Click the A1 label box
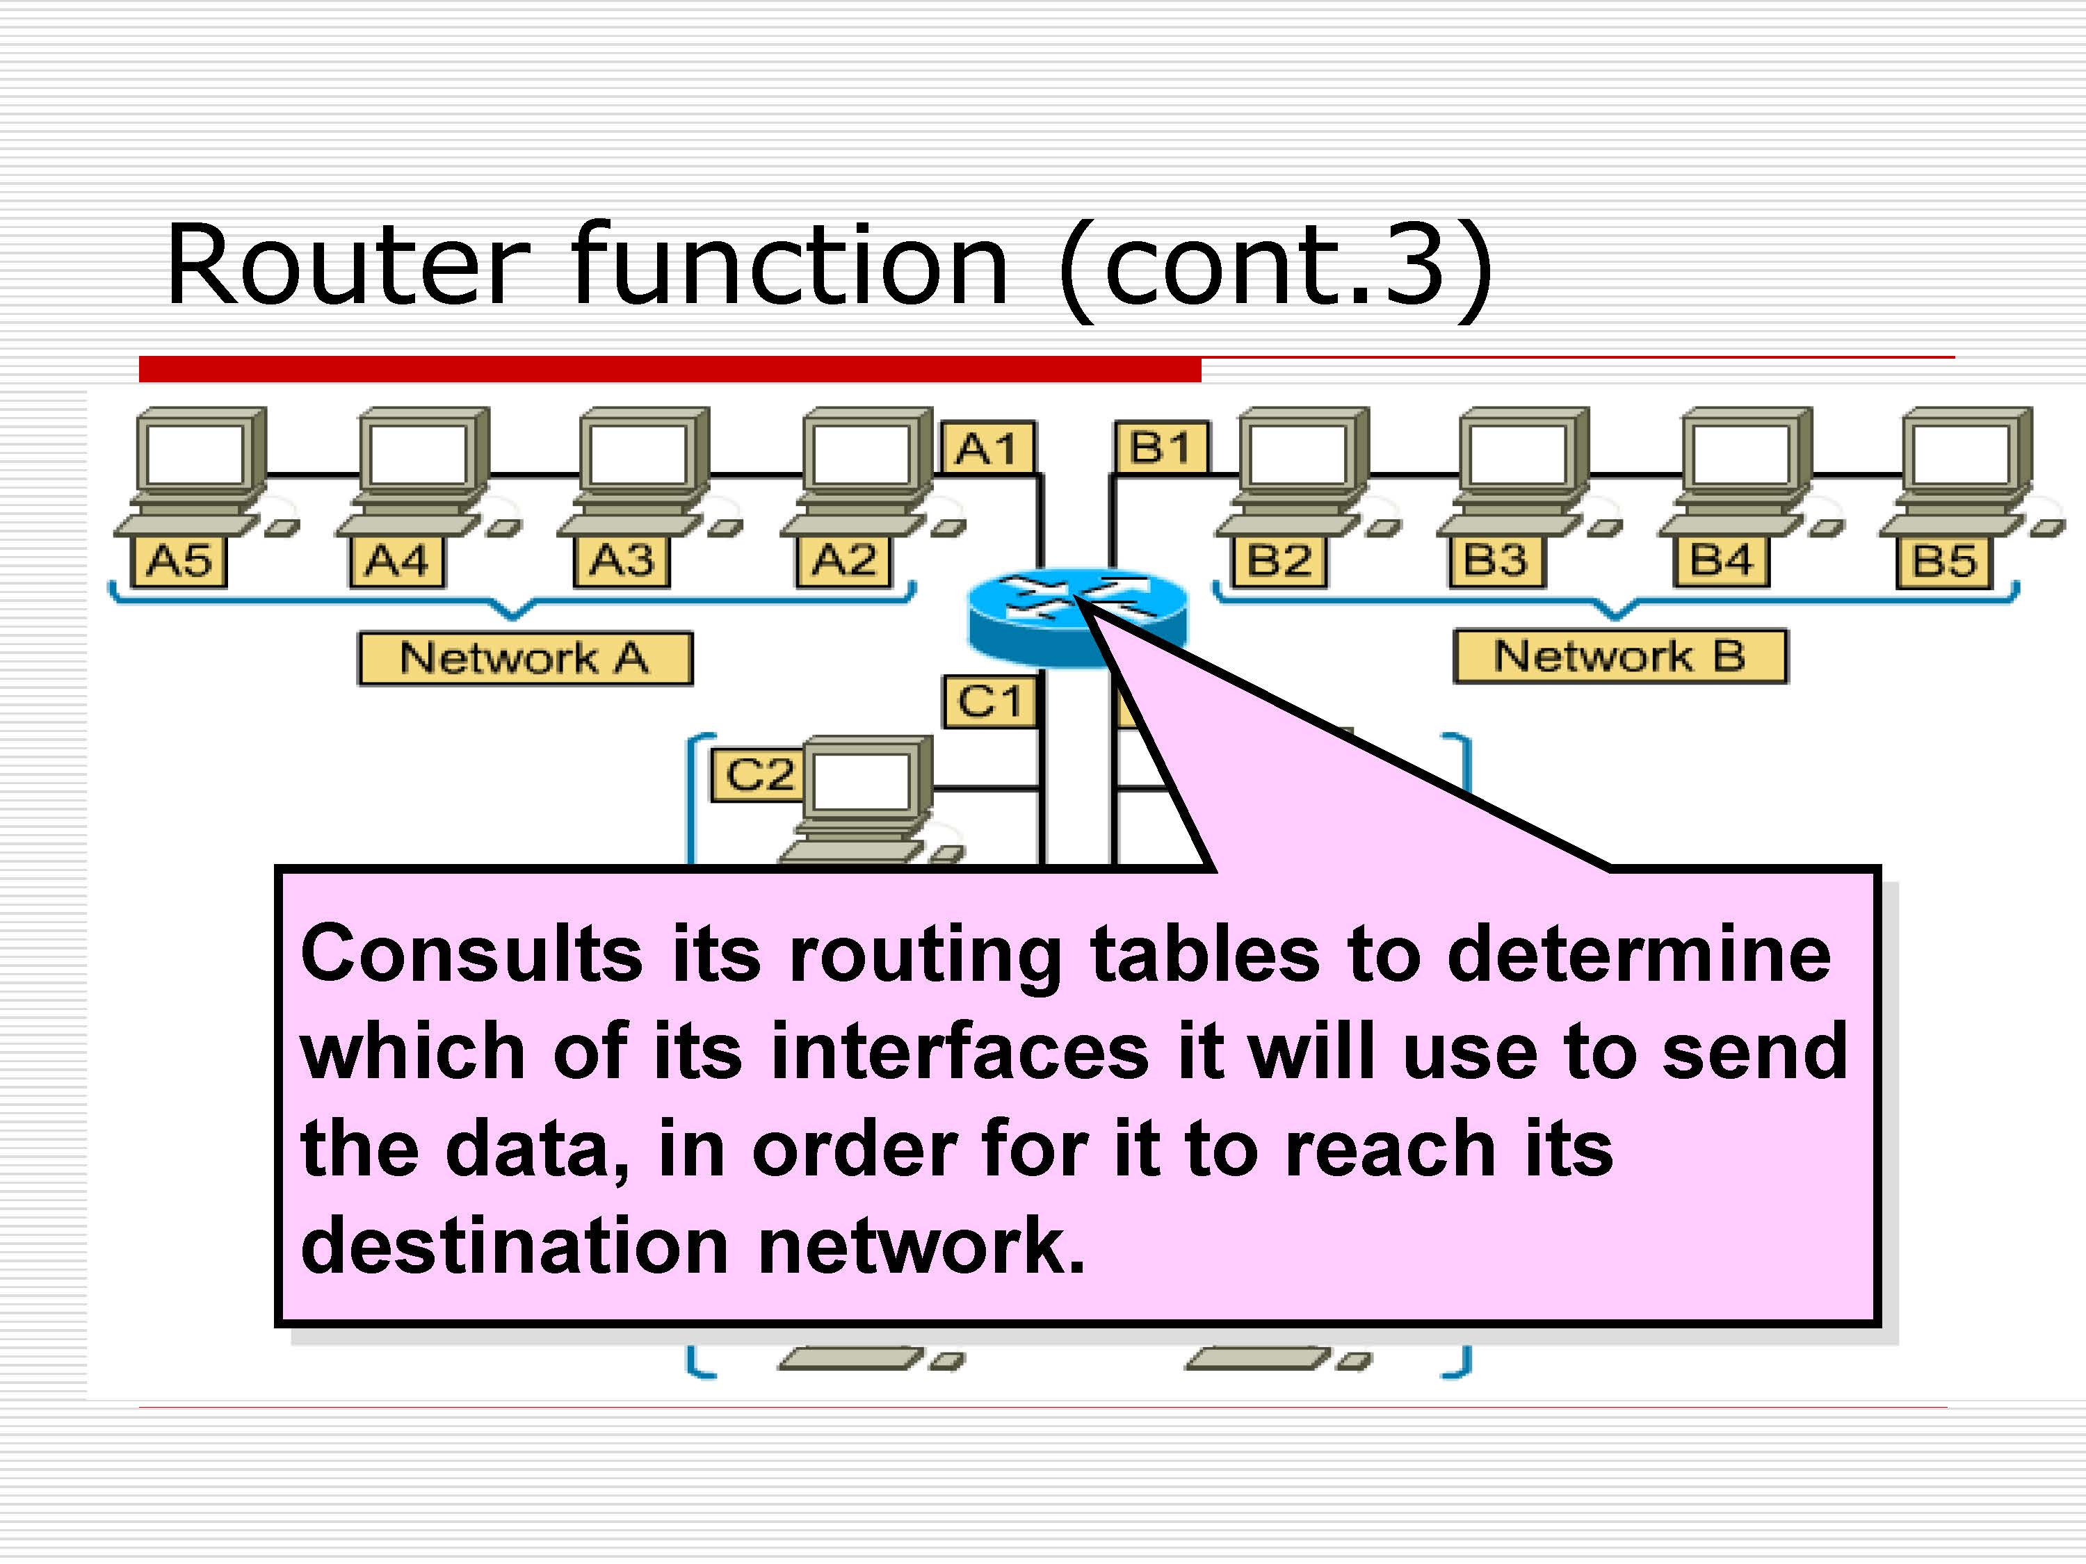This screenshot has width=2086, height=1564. [987, 447]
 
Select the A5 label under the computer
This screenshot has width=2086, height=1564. [178, 562]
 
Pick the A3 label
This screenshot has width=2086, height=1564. [620, 562]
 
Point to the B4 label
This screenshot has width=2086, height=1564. [1721, 562]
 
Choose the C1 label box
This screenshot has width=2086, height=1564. [989, 701]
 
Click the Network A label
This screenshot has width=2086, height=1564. [524, 658]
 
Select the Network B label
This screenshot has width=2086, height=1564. [1619, 656]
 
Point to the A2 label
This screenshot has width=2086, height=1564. [843, 562]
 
